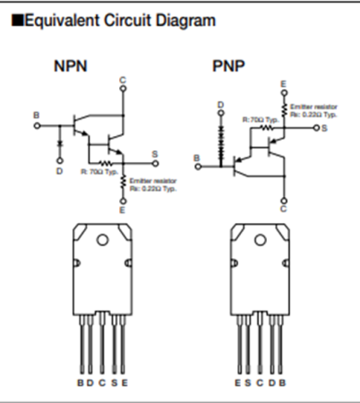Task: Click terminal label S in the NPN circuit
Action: pos(155,154)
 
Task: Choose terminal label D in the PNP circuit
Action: pos(220,105)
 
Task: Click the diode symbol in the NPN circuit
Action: pos(59,142)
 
